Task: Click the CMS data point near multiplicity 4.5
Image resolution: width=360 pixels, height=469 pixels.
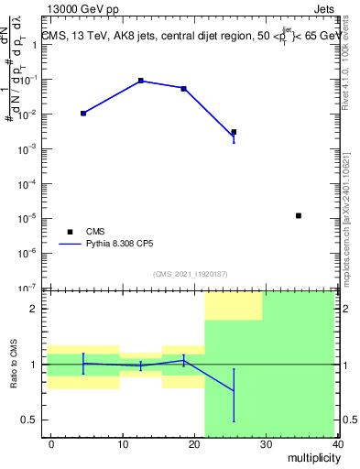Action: tap(83, 113)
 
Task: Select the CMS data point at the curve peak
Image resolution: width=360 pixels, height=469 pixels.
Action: tap(141, 81)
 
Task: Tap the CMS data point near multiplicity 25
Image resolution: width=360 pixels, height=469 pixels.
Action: tap(234, 132)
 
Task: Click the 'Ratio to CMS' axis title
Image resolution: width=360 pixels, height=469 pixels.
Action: tap(14, 364)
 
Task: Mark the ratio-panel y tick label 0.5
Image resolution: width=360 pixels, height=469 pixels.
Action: tap(30, 420)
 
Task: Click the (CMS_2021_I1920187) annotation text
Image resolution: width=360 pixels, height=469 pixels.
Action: tap(191, 274)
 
